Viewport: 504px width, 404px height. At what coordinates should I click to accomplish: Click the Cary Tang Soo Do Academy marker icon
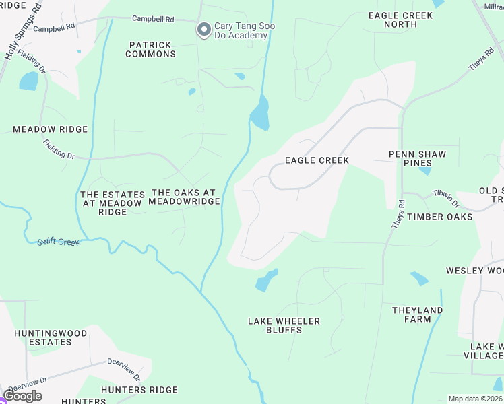[203, 30]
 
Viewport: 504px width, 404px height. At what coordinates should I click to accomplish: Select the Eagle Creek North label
[400, 20]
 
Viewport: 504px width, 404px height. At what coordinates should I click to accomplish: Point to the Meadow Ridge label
[51, 129]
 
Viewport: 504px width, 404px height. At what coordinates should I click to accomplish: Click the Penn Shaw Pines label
[418, 158]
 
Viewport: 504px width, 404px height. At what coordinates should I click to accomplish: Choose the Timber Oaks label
[439, 217]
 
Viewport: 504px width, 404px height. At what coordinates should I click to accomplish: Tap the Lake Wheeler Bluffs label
[284, 325]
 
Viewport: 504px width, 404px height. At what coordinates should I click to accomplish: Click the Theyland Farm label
[418, 314]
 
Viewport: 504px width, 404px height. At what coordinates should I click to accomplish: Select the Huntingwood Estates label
[51, 337]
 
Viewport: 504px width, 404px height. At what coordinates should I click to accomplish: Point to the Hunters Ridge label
[139, 390]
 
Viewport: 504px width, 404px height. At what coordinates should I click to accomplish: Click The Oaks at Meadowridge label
[184, 197]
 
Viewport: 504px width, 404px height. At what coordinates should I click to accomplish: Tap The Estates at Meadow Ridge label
[113, 203]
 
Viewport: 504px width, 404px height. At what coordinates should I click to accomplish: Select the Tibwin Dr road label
[445, 198]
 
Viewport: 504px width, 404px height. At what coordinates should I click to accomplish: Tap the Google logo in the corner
[23, 396]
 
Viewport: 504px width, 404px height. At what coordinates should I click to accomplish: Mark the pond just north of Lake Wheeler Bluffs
[266, 281]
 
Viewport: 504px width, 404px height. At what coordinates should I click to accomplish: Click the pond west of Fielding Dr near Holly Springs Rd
[29, 81]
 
